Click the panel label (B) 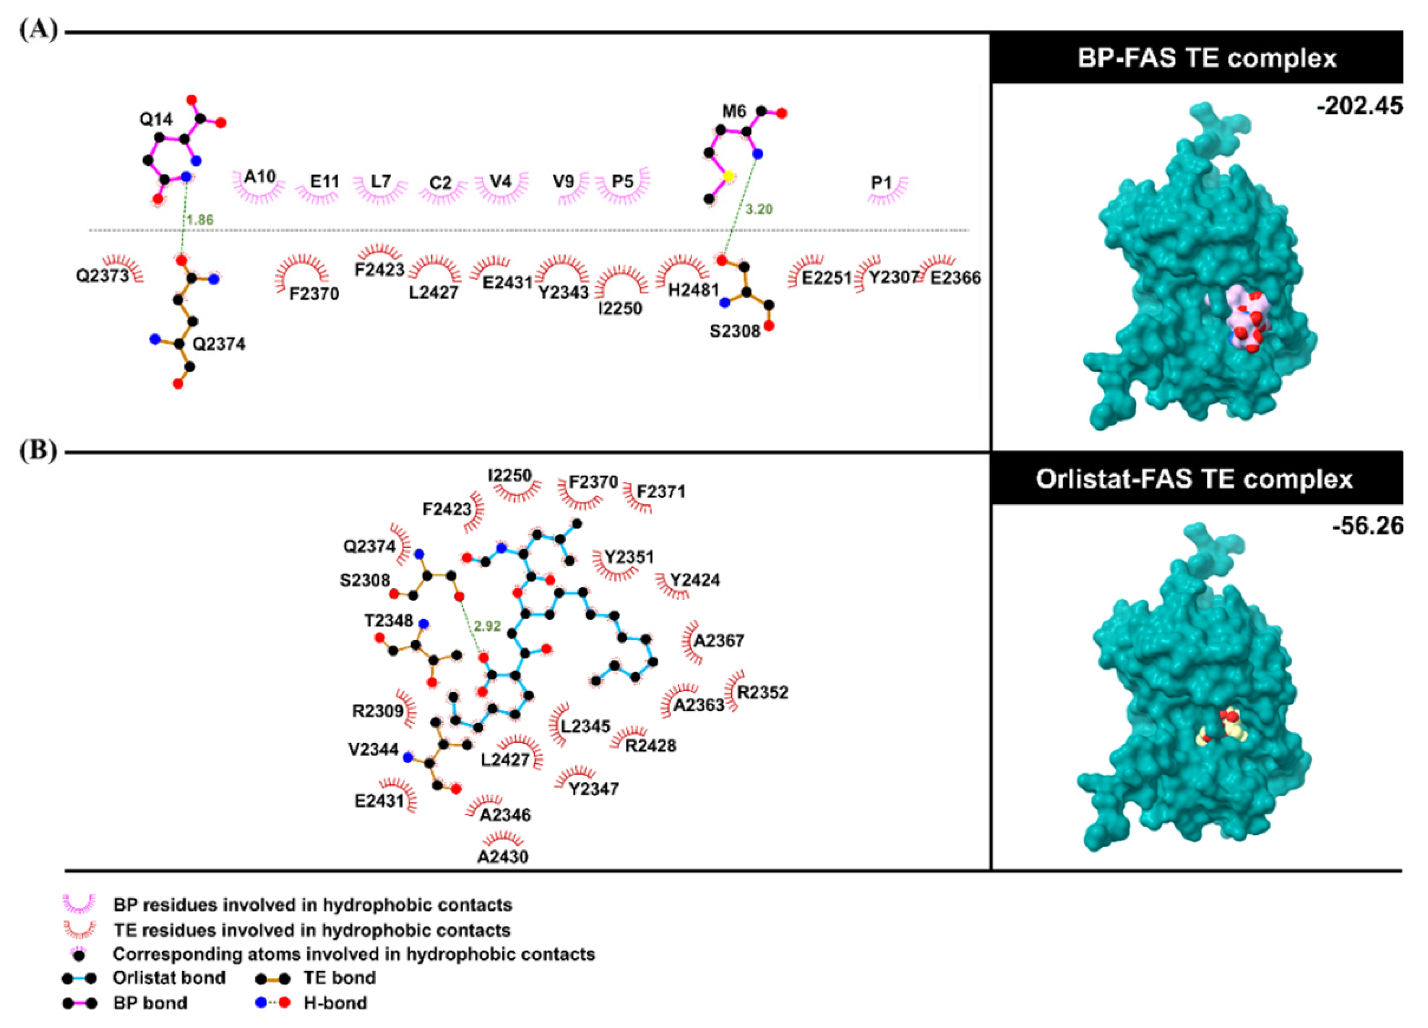tap(38, 450)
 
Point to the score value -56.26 tap(1367, 525)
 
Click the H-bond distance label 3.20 tap(759, 209)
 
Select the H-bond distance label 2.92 tap(487, 626)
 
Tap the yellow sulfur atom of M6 tap(729, 177)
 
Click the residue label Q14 tap(155, 119)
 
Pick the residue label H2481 tap(693, 290)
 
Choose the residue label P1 tap(881, 183)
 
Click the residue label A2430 tap(503, 856)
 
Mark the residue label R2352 tap(763, 693)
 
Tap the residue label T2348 tap(388, 621)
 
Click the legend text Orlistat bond tap(169, 978)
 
